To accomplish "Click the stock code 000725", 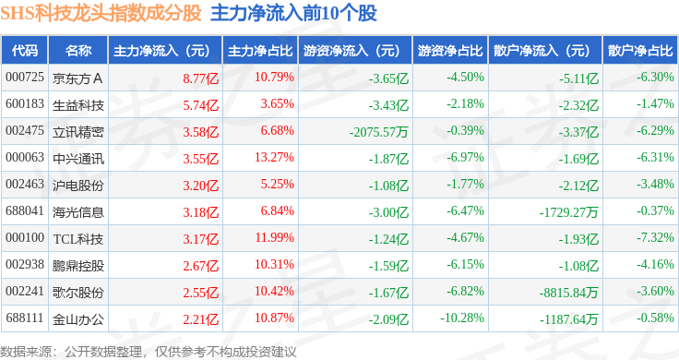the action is pyautogui.click(x=25, y=78).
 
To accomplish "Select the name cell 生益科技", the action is pyautogui.click(x=78, y=105).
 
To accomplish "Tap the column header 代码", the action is pyautogui.click(x=25, y=51).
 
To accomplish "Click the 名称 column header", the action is pyautogui.click(x=78, y=51).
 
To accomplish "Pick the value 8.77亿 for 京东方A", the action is pyautogui.click(x=200, y=78).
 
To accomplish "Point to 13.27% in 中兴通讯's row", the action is pyautogui.click(x=274, y=157).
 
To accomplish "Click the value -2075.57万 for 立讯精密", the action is pyautogui.click(x=379, y=132).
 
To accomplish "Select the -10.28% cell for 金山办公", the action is pyautogui.click(x=462, y=318).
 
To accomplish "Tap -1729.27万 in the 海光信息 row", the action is pyautogui.click(x=568, y=212).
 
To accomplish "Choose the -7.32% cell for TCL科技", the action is pyautogui.click(x=655, y=238).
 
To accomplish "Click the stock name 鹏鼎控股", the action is pyautogui.click(x=78, y=266).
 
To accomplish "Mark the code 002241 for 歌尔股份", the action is pyautogui.click(x=25, y=291).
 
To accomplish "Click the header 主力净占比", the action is pyautogui.click(x=260, y=51).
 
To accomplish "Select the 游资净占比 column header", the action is pyautogui.click(x=450, y=51).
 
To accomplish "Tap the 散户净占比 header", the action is pyautogui.click(x=640, y=51).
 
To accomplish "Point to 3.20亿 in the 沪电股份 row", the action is pyautogui.click(x=200, y=186).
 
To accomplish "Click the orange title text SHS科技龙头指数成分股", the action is pyautogui.click(x=101, y=14).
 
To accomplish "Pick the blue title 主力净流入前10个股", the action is pyautogui.click(x=293, y=14).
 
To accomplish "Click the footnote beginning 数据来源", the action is pyautogui.click(x=149, y=352).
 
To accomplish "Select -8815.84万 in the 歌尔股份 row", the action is pyautogui.click(x=568, y=293).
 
